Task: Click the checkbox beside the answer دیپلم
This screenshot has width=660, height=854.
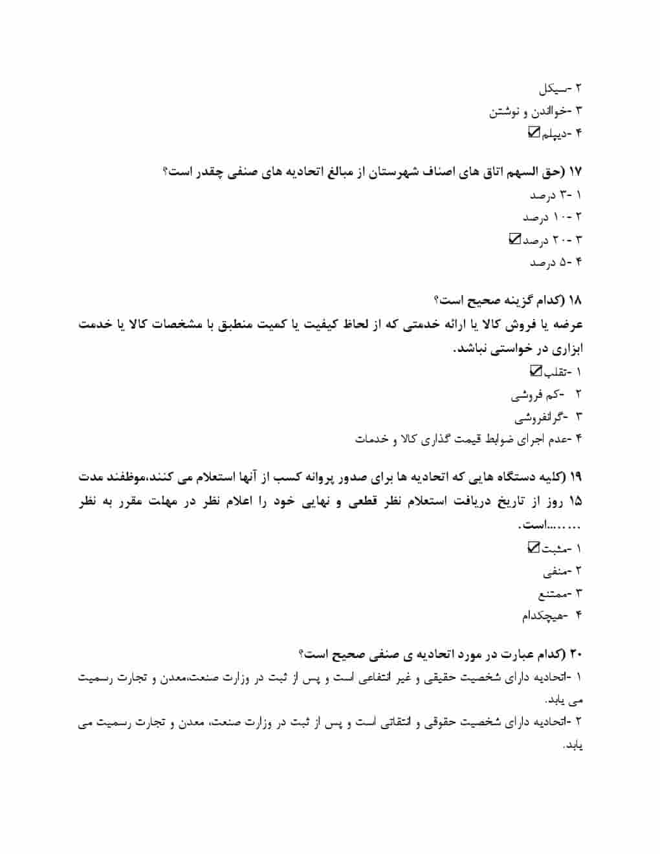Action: pos(534,132)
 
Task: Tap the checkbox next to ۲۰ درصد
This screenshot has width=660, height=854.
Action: pos(514,239)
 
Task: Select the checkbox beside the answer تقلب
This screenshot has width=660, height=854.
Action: pos(535,371)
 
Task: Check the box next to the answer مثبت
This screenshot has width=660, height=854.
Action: pos(533,547)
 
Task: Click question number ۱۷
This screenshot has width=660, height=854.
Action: pos(575,172)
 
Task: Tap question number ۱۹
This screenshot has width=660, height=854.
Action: pos(575,477)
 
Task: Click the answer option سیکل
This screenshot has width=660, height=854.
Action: pos(553,88)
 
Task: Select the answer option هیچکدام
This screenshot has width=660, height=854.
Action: pos(542,615)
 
